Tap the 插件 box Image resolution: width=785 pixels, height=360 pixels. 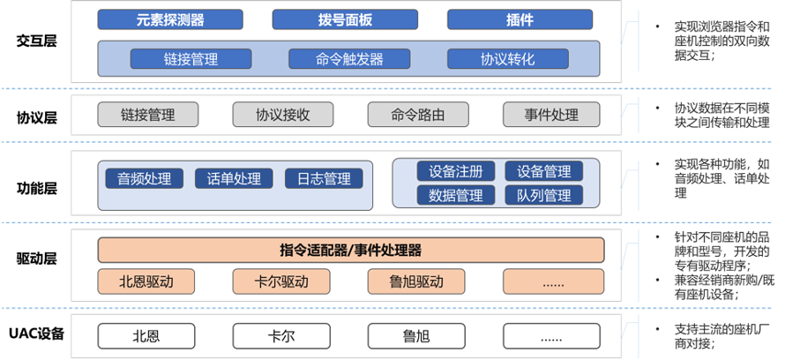click(497, 19)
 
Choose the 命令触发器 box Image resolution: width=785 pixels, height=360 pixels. click(348, 59)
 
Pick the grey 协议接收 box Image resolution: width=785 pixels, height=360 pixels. click(283, 114)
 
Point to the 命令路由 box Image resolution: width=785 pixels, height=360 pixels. click(418, 114)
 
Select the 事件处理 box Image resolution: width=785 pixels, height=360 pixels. click(551, 114)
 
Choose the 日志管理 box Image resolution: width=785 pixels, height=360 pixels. click(324, 178)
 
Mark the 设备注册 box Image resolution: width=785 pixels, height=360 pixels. click(456, 171)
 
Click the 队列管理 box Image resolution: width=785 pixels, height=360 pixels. click(544, 195)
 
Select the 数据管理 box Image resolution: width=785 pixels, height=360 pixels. click(456, 195)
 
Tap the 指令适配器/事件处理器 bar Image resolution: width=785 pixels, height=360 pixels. click(350, 251)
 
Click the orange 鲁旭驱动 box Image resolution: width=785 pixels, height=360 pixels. click(417, 282)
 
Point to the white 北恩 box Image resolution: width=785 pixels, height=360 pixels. click(146, 336)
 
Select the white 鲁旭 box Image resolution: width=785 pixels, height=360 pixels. click(417, 336)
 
